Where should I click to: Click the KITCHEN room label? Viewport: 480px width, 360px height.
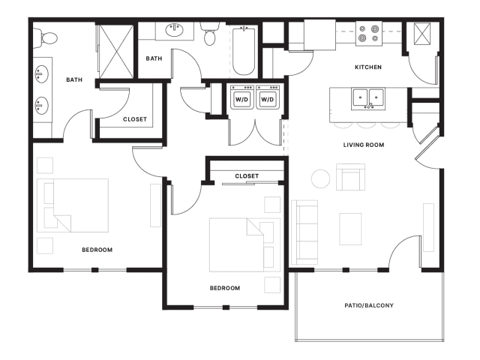tap(368, 67)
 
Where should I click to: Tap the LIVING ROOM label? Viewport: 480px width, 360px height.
tap(364, 145)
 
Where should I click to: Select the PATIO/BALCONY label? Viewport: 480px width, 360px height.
tap(369, 305)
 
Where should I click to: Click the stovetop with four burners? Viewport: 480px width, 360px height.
tap(369, 34)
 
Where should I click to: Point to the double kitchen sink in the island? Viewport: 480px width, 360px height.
tap(368, 99)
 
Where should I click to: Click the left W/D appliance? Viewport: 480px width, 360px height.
tap(241, 97)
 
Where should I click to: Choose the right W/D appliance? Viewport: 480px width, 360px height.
tap(268, 97)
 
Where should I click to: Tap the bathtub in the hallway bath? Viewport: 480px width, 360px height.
tap(244, 51)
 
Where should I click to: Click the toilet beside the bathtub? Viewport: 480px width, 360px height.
tap(210, 34)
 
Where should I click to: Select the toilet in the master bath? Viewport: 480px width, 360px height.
tap(45, 38)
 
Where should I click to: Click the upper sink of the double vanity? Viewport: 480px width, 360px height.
tap(41, 73)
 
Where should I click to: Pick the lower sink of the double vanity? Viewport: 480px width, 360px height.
tap(41, 106)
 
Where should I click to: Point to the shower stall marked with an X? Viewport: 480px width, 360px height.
tap(117, 52)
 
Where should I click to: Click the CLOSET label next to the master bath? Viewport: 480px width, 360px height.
tap(135, 119)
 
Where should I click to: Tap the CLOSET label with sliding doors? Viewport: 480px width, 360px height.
tap(247, 176)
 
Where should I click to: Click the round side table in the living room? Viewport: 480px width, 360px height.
tap(321, 178)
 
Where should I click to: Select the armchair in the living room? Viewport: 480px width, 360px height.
tap(350, 177)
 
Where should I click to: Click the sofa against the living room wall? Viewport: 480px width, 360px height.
tap(304, 232)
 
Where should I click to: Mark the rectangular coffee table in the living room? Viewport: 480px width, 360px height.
tap(350, 229)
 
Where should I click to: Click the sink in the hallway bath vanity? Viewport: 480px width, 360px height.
tap(175, 30)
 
